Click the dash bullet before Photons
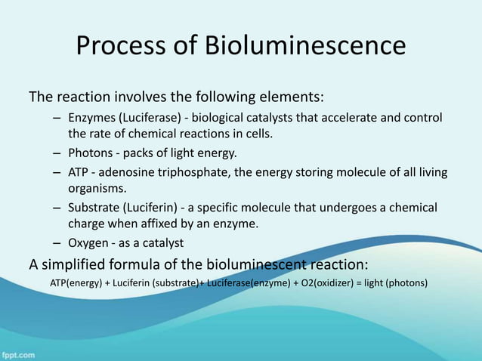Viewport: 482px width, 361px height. (58, 153)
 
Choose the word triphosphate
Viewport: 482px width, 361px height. (200, 173)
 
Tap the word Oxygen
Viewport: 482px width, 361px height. (88, 242)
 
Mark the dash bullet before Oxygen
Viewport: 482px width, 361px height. (58, 243)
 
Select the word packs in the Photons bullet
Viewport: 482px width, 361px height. (132, 153)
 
